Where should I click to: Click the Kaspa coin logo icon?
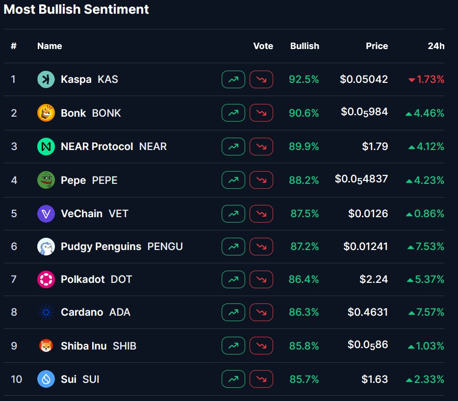(46, 79)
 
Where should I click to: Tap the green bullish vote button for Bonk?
(233, 113)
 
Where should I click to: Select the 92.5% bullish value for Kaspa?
(304, 79)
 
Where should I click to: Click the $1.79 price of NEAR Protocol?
(375, 147)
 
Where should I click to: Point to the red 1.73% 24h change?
(427, 79)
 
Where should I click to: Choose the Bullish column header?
(305, 46)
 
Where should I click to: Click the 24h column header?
(436, 46)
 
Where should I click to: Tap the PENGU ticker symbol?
(165, 247)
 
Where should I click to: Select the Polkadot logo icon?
(46, 279)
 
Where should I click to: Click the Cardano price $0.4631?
(368, 312)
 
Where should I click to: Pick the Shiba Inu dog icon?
(46, 346)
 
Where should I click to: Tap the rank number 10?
(16, 379)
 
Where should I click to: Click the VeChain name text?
(81, 214)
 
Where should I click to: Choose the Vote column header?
(263, 46)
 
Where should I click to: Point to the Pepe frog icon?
(46, 180)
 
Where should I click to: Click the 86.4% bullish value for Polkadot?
(304, 279)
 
